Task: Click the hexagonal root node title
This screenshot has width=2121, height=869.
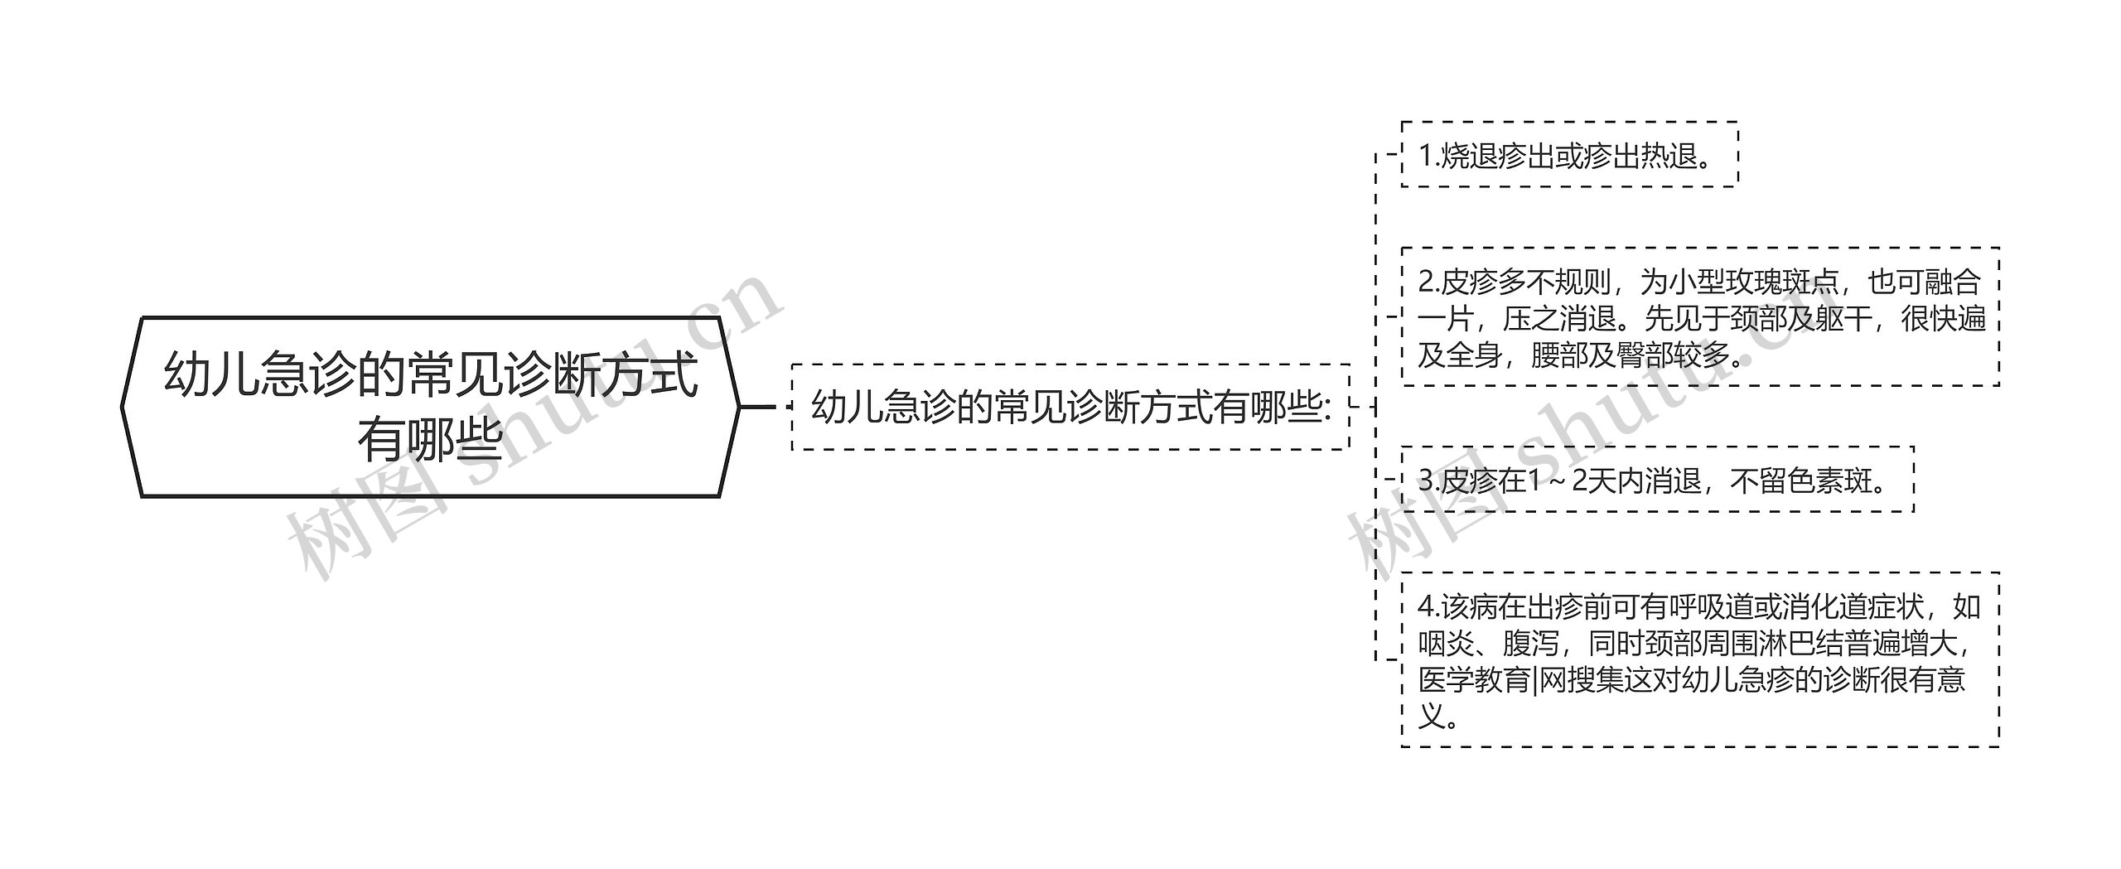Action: click(x=431, y=406)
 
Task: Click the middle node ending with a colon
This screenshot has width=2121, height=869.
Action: click(x=1071, y=407)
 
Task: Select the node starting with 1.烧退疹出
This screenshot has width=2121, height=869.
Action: click(x=1569, y=155)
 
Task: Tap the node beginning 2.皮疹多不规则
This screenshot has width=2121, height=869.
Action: click(x=1700, y=317)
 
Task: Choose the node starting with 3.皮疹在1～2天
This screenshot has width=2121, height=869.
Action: click(x=1657, y=480)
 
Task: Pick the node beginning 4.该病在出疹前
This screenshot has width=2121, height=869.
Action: click(x=1700, y=660)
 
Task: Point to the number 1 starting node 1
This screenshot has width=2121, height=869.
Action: click(x=1425, y=156)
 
